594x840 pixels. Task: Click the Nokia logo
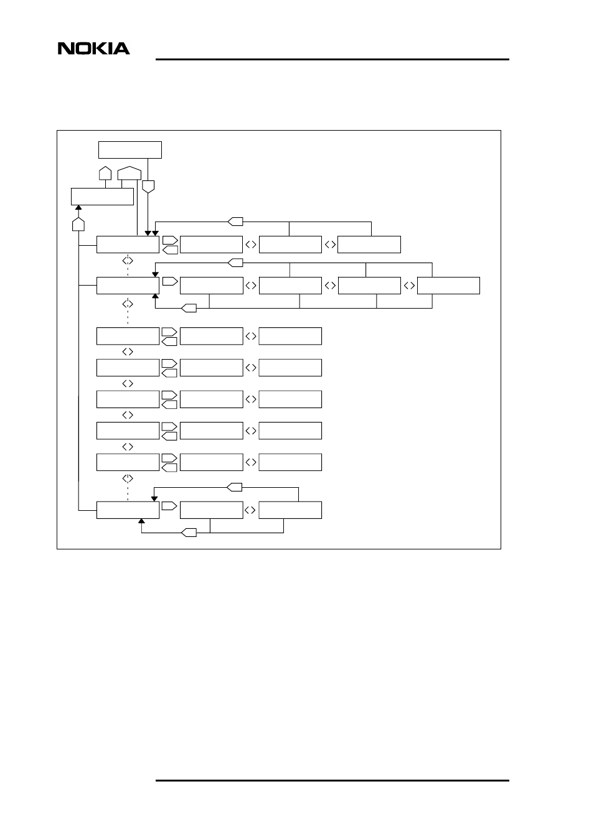[94, 49]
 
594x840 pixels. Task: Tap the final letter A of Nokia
[122, 49]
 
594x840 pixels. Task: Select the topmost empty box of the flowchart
[130, 150]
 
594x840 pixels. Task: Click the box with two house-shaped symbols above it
[102, 196]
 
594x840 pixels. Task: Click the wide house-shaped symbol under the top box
[130, 173]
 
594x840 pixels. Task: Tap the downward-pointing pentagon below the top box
[148, 185]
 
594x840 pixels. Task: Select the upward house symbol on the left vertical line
[78, 223]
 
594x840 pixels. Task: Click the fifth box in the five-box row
[448, 286]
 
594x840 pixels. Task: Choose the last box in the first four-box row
[369, 245]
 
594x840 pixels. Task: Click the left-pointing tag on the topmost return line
[235, 221]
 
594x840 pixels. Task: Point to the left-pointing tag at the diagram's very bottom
[189, 533]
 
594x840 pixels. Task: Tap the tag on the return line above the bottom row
[234, 486]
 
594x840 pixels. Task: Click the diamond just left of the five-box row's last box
[409, 286]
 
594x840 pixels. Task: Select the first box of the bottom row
[128, 510]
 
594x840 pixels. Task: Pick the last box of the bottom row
[290, 510]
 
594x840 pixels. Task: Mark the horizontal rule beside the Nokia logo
[332, 60]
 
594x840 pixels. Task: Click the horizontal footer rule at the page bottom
[332, 780]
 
